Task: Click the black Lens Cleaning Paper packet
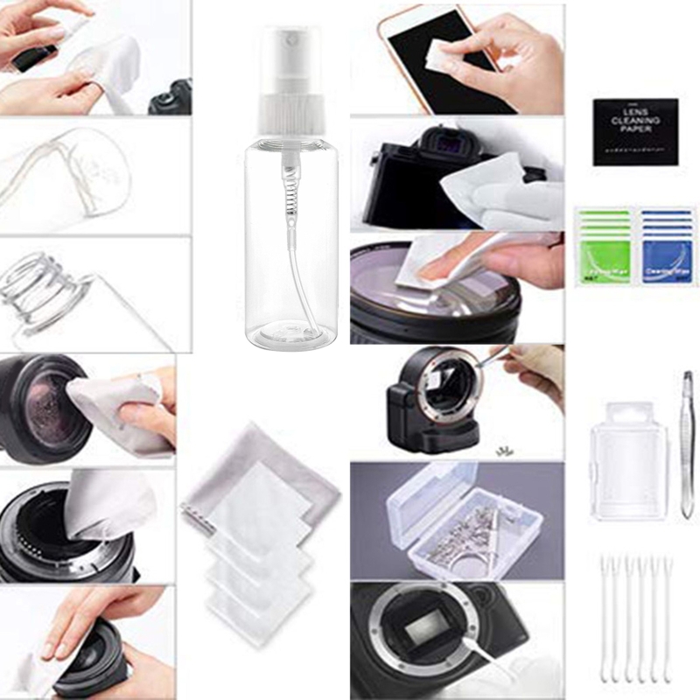[635, 131]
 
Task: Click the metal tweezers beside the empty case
[687, 442]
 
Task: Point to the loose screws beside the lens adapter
[504, 450]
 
